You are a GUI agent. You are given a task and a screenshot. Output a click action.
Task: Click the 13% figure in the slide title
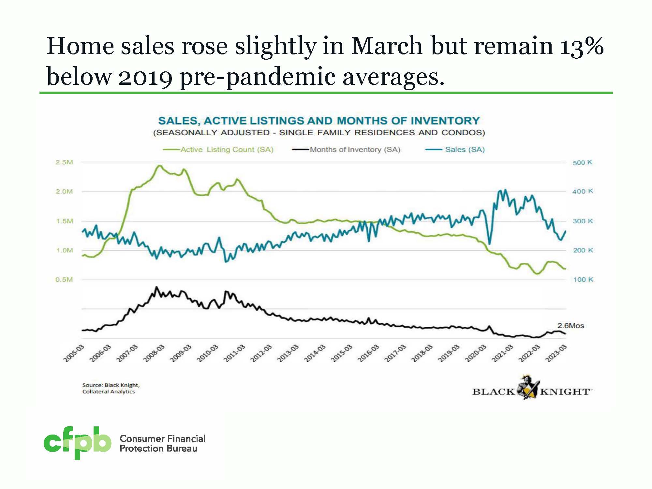coord(582,46)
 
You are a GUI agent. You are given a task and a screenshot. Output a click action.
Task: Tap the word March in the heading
coord(386,46)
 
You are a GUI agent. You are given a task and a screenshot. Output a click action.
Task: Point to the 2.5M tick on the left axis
coord(64,162)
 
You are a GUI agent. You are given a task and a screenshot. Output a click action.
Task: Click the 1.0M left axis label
coord(64,250)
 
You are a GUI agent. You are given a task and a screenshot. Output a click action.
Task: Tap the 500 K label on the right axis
coord(583,163)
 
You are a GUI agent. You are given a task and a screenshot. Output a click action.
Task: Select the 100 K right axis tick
coord(583,279)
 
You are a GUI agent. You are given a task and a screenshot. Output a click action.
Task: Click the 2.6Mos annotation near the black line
coord(570,326)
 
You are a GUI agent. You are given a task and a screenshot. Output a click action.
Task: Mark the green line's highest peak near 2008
coord(159,166)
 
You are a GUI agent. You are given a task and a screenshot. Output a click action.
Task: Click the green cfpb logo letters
coord(77,442)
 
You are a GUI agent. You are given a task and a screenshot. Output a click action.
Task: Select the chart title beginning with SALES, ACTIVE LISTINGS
coord(319,121)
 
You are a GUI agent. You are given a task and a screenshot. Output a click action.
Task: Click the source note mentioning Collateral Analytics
coord(111,388)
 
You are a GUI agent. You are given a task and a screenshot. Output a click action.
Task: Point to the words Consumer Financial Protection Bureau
coord(162,443)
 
